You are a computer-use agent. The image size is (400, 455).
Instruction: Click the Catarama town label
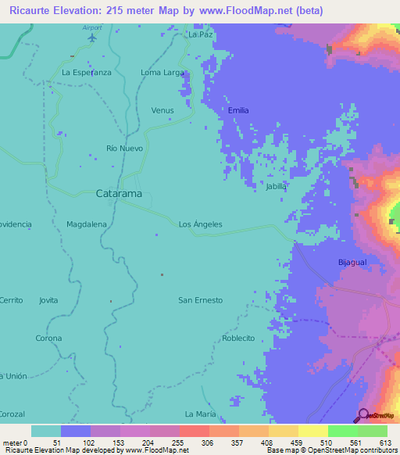[x=118, y=192]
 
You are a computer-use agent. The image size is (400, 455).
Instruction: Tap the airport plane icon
[x=93, y=37]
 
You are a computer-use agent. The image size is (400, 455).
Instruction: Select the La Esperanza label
[x=87, y=72]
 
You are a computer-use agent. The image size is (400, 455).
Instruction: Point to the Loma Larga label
[x=162, y=72]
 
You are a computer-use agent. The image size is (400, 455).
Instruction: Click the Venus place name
[x=162, y=110]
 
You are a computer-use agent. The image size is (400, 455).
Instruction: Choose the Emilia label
[x=238, y=110]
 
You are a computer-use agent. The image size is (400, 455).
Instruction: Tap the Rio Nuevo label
[x=127, y=148]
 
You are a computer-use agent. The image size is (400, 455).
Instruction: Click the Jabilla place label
[x=277, y=186]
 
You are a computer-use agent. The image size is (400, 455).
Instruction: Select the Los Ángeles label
[x=201, y=224]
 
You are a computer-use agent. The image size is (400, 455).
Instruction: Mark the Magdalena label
[x=87, y=224]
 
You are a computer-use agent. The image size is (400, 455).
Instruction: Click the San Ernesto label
[x=201, y=300]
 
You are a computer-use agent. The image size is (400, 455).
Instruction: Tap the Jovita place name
[x=48, y=300]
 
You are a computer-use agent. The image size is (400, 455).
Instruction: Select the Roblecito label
[x=238, y=338]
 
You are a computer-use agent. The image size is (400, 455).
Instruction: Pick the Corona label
[x=48, y=338]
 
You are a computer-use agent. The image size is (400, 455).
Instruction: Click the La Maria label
[x=200, y=414]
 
